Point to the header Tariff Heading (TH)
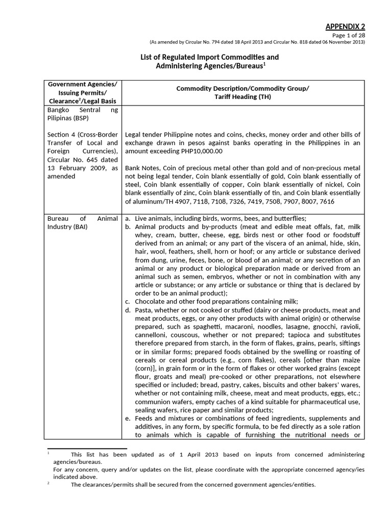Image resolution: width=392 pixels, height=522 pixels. click(242, 97)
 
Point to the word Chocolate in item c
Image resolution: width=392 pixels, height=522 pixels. click(151, 301)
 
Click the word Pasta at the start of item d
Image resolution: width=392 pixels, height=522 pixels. click(143, 310)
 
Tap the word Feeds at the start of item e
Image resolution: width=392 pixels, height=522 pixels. click(144, 418)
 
